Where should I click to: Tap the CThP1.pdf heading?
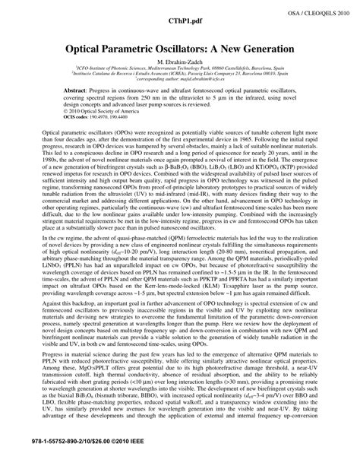click(x=180, y=22)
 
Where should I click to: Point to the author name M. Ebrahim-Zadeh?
click(x=179, y=61)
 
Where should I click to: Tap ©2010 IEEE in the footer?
click(x=125, y=460)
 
